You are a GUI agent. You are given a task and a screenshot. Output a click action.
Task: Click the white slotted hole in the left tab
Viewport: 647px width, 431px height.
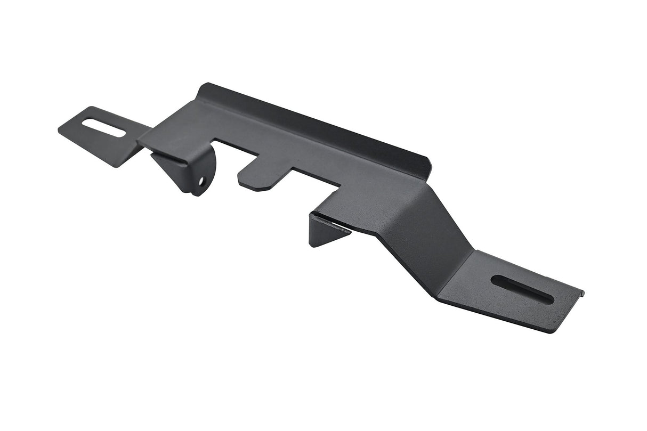(104, 128)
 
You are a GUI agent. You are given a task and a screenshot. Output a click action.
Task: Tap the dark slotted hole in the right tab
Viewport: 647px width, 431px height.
(522, 289)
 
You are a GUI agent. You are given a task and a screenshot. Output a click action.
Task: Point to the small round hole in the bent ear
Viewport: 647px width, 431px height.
(201, 181)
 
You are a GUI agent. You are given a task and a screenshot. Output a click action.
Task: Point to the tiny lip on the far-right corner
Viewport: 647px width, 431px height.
(583, 292)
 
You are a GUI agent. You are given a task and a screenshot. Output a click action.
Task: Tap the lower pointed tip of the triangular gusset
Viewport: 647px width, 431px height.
(311, 245)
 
